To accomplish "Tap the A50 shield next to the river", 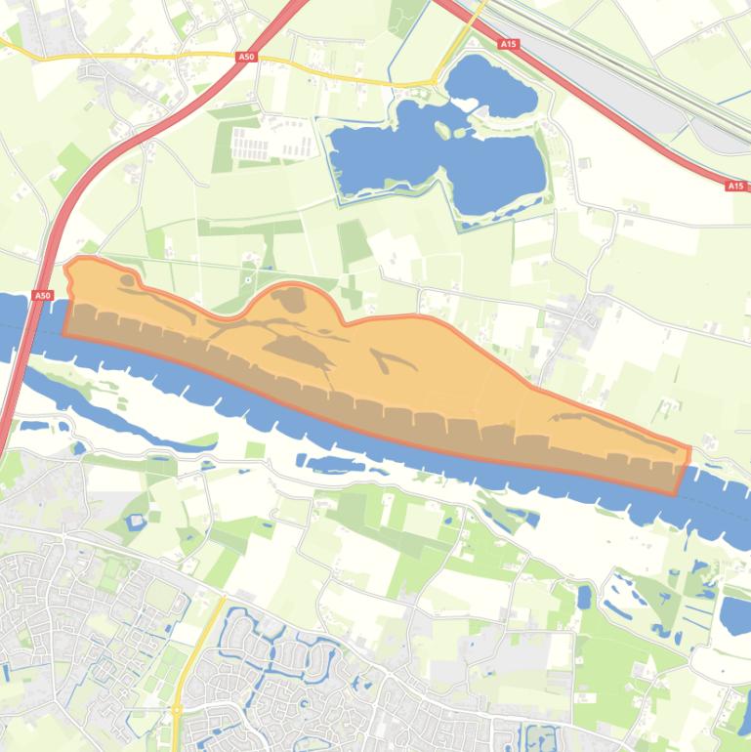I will [x=41, y=295].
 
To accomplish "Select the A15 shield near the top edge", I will [x=507, y=44].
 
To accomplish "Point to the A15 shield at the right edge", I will [x=735, y=186].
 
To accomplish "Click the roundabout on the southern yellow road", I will [x=178, y=710].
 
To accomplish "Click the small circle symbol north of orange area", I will [x=248, y=279].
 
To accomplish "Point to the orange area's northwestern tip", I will [x=70, y=266].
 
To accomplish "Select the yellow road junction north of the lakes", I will [x=435, y=82].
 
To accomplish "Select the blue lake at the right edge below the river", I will [x=735, y=615].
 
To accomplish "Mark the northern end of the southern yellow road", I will [x=223, y=599].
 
